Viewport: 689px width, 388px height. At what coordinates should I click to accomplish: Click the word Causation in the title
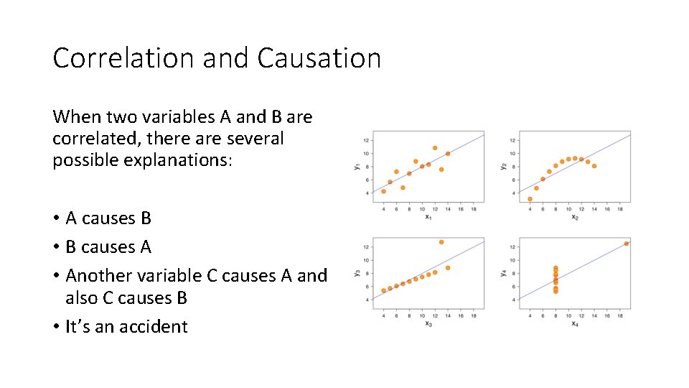[319, 58]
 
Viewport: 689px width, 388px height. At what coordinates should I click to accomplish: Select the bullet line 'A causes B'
[108, 218]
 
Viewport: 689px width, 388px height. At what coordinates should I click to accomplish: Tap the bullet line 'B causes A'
[108, 246]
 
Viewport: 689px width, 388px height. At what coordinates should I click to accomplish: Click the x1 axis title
[428, 217]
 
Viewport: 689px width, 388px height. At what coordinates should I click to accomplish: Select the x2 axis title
[575, 217]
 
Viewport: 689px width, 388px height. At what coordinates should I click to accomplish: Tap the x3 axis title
[428, 323]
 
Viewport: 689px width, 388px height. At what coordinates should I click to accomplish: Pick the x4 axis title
[575, 323]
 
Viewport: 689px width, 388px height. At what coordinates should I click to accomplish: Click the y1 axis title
[357, 167]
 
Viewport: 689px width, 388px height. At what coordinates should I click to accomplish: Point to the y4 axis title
[503, 273]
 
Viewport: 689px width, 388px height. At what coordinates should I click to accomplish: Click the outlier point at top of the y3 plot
[441, 242]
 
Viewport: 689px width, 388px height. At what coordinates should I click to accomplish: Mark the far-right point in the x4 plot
[627, 244]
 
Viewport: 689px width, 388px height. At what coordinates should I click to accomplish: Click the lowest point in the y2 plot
[530, 199]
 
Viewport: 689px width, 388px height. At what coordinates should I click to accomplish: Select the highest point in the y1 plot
[435, 148]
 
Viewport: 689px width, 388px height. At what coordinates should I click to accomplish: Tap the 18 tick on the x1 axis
[474, 209]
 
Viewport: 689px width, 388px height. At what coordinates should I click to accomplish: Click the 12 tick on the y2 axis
[512, 140]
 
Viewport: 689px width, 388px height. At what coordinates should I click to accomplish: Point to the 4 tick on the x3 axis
[383, 315]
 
